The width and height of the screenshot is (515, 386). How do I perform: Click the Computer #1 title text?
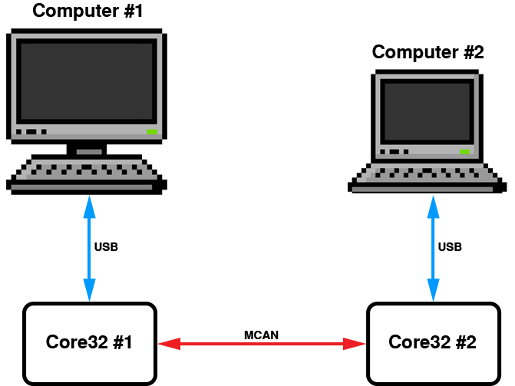pyautogui.click(x=88, y=12)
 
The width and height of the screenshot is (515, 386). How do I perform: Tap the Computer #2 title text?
pyautogui.click(x=428, y=52)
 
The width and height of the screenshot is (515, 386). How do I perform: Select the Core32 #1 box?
pyautogui.click(x=89, y=342)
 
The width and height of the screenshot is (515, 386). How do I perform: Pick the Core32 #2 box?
pyautogui.click(x=432, y=342)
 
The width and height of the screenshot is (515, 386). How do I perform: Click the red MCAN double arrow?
pyautogui.click(x=261, y=344)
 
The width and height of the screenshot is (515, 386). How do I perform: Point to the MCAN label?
pyautogui.click(x=261, y=335)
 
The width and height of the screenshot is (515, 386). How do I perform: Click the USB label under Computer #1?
pyautogui.click(x=106, y=247)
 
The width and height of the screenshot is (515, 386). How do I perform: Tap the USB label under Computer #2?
pyautogui.click(x=449, y=247)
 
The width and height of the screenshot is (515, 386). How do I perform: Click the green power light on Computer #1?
pyautogui.click(x=152, y=132)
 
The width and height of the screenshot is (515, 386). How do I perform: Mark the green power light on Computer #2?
pyautogui.click(x=464, y=151)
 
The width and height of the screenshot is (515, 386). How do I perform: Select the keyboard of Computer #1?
pyautogui.click(x=86, y=172)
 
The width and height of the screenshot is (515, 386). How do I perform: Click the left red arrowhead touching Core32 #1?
pyautogui.click(x=168, y=344)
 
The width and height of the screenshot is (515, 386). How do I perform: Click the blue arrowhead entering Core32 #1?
pyautogui.click(x=89, y=292)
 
